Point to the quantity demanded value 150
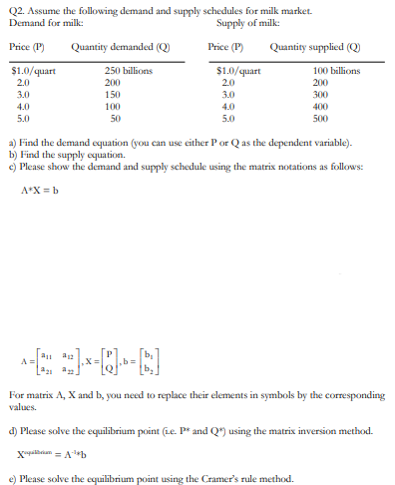pos(114,94)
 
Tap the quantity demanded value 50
pos(114,117)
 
